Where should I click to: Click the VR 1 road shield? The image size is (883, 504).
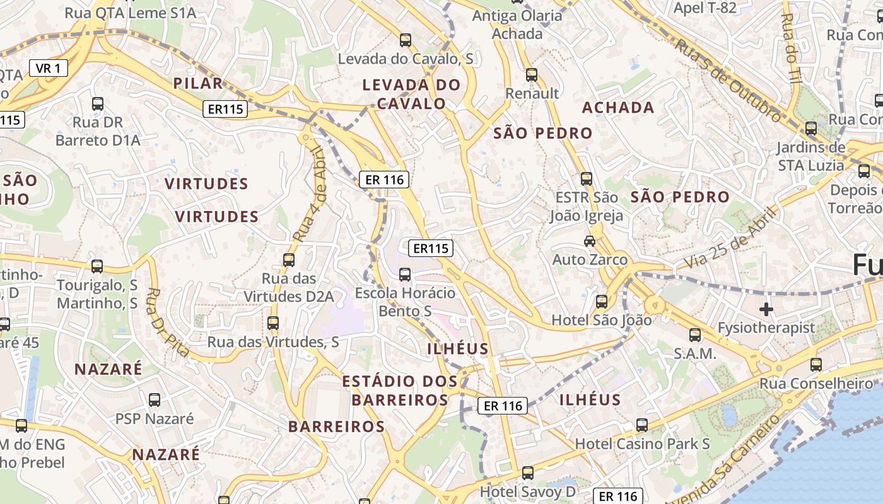(x=49, y=68)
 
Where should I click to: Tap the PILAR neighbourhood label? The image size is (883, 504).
(x=198, y=83)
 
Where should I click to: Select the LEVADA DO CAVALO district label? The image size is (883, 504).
(x=411, y=94)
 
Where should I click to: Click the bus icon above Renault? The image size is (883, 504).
(x=532, y=75)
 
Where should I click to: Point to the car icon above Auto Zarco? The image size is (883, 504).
(x=590, y=241)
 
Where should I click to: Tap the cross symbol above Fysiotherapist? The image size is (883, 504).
(x=766, y=309)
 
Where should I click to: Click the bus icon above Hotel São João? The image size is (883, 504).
(x=602, y=301)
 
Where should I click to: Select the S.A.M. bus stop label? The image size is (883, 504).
(x=695, y=353)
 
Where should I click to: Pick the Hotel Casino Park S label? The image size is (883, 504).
(x=642, y=444)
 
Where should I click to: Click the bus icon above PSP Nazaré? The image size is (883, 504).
(x=155, y=399)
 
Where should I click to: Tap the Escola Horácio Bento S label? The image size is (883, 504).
(x=405, y=302)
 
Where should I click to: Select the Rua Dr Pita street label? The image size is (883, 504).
(x=168, y=322)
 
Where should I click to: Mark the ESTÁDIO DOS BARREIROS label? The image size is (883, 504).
(x=400, y=390)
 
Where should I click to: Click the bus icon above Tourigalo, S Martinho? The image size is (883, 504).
(x=97, y=266)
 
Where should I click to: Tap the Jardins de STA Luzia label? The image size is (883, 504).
(x=810, y=156)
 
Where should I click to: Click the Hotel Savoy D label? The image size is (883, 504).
(x=528, y=490)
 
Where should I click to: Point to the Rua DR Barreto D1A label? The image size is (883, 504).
(x=98, y=131)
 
